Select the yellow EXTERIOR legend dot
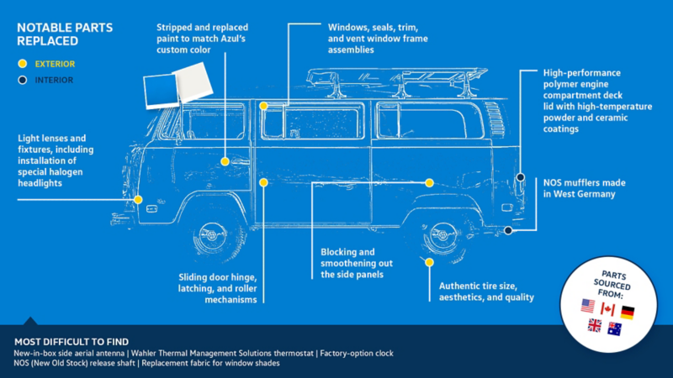click(23, 63)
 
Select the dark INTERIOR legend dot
click(23, 80)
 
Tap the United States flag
click(587, 307)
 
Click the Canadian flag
click(607, 310)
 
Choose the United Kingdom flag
click(595, 326)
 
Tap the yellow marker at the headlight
click(138, 200)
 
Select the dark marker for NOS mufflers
click(508, 230)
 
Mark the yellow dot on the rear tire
click(429, 262)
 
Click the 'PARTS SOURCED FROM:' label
click(607, 281)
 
